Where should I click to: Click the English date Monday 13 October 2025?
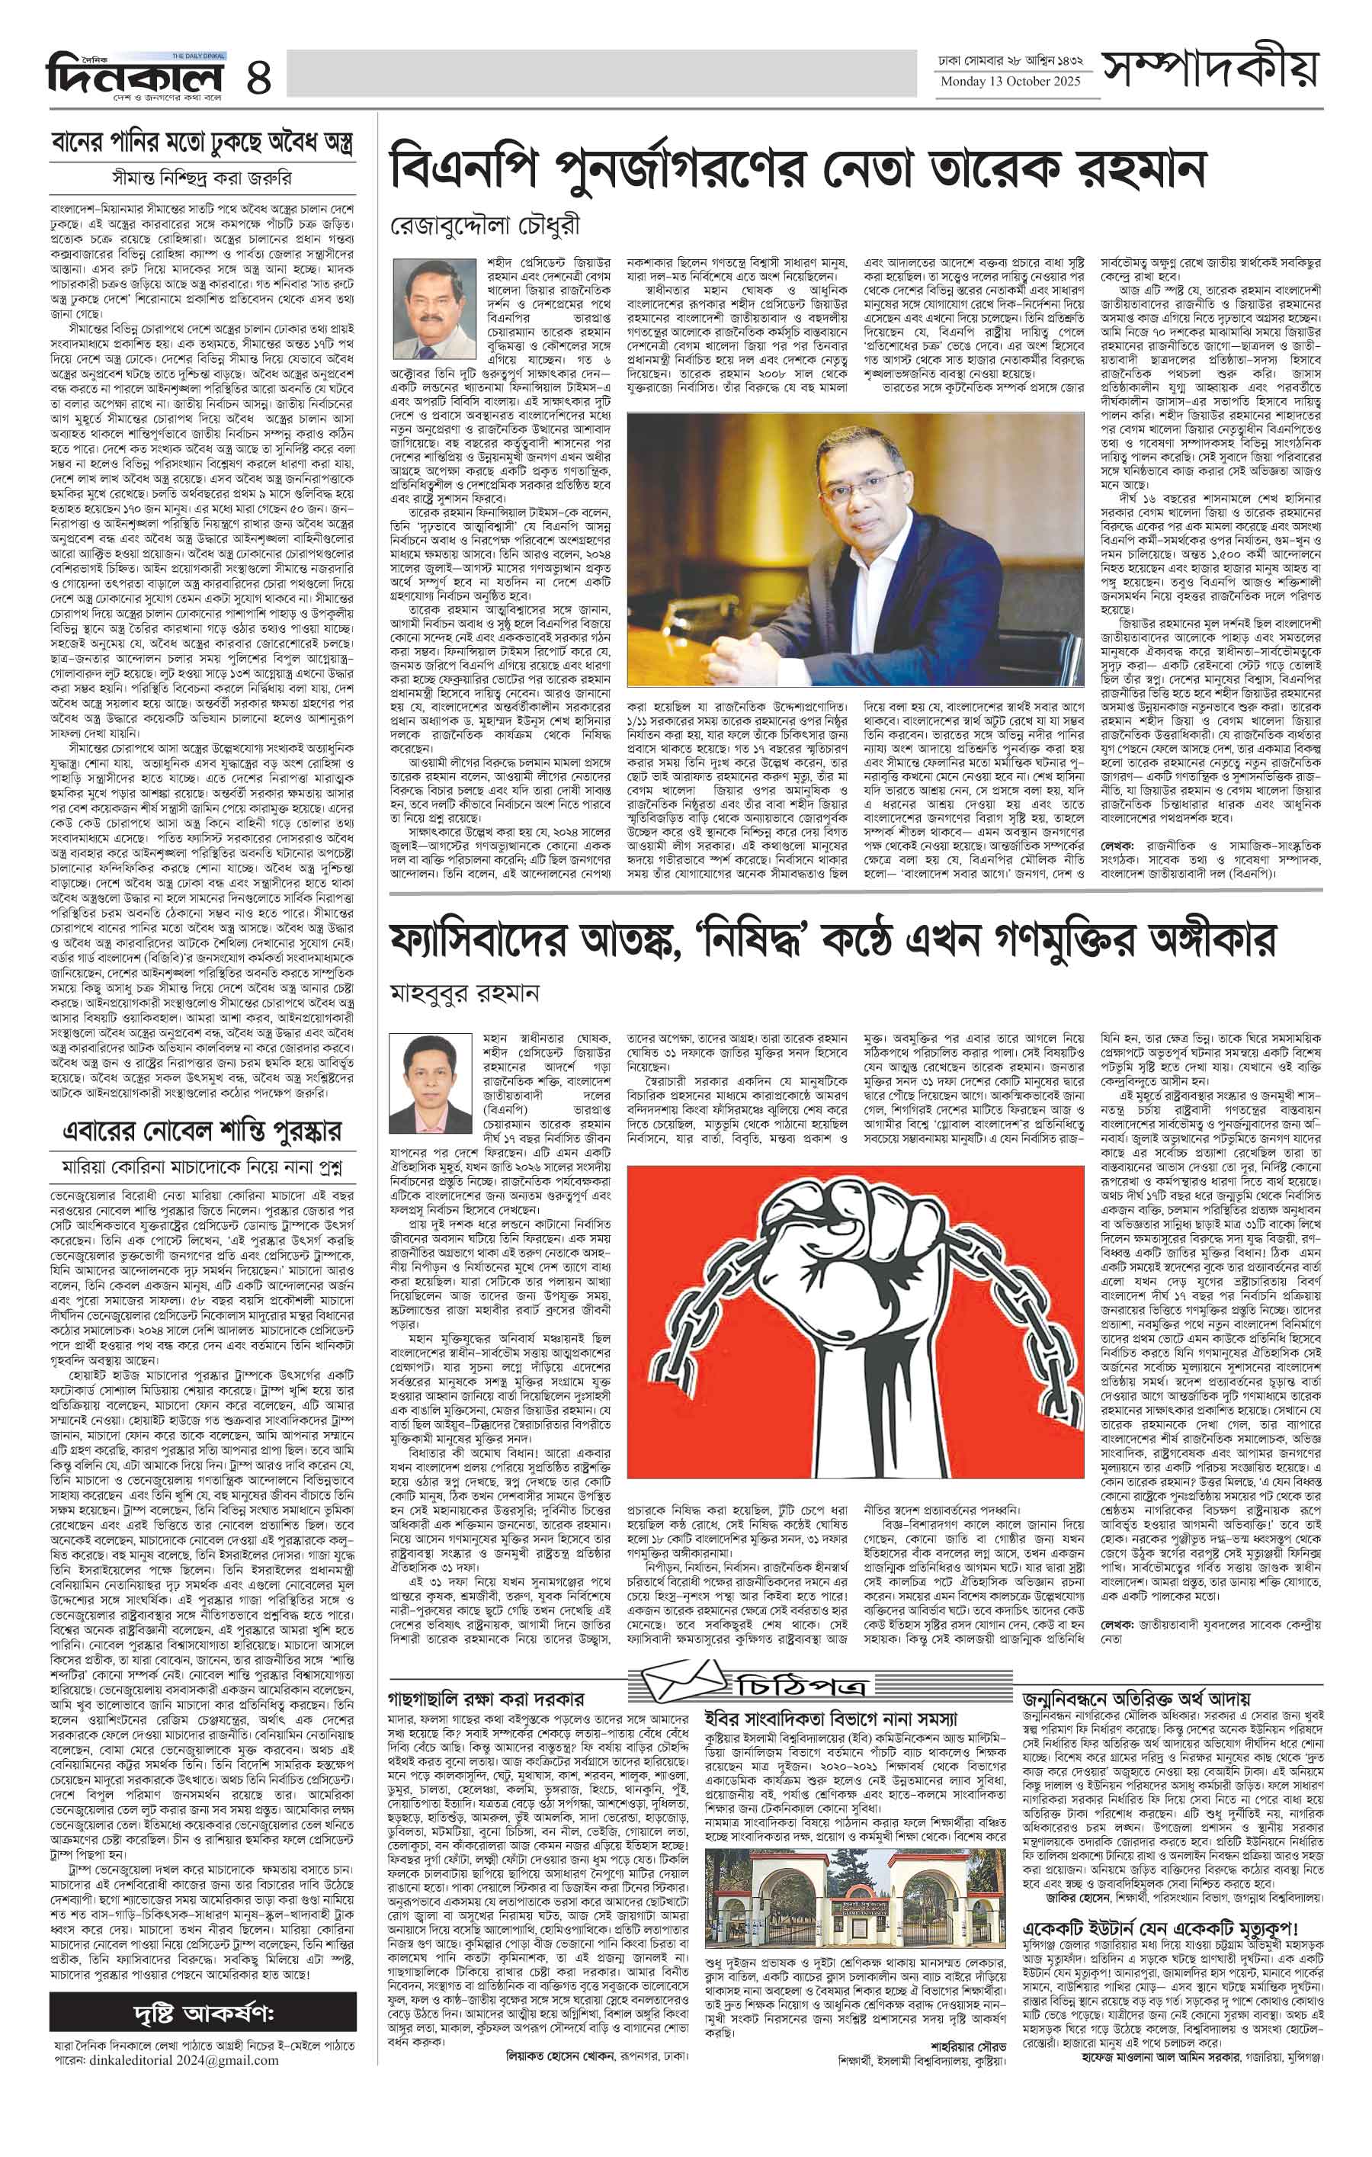click(1010, 82)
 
